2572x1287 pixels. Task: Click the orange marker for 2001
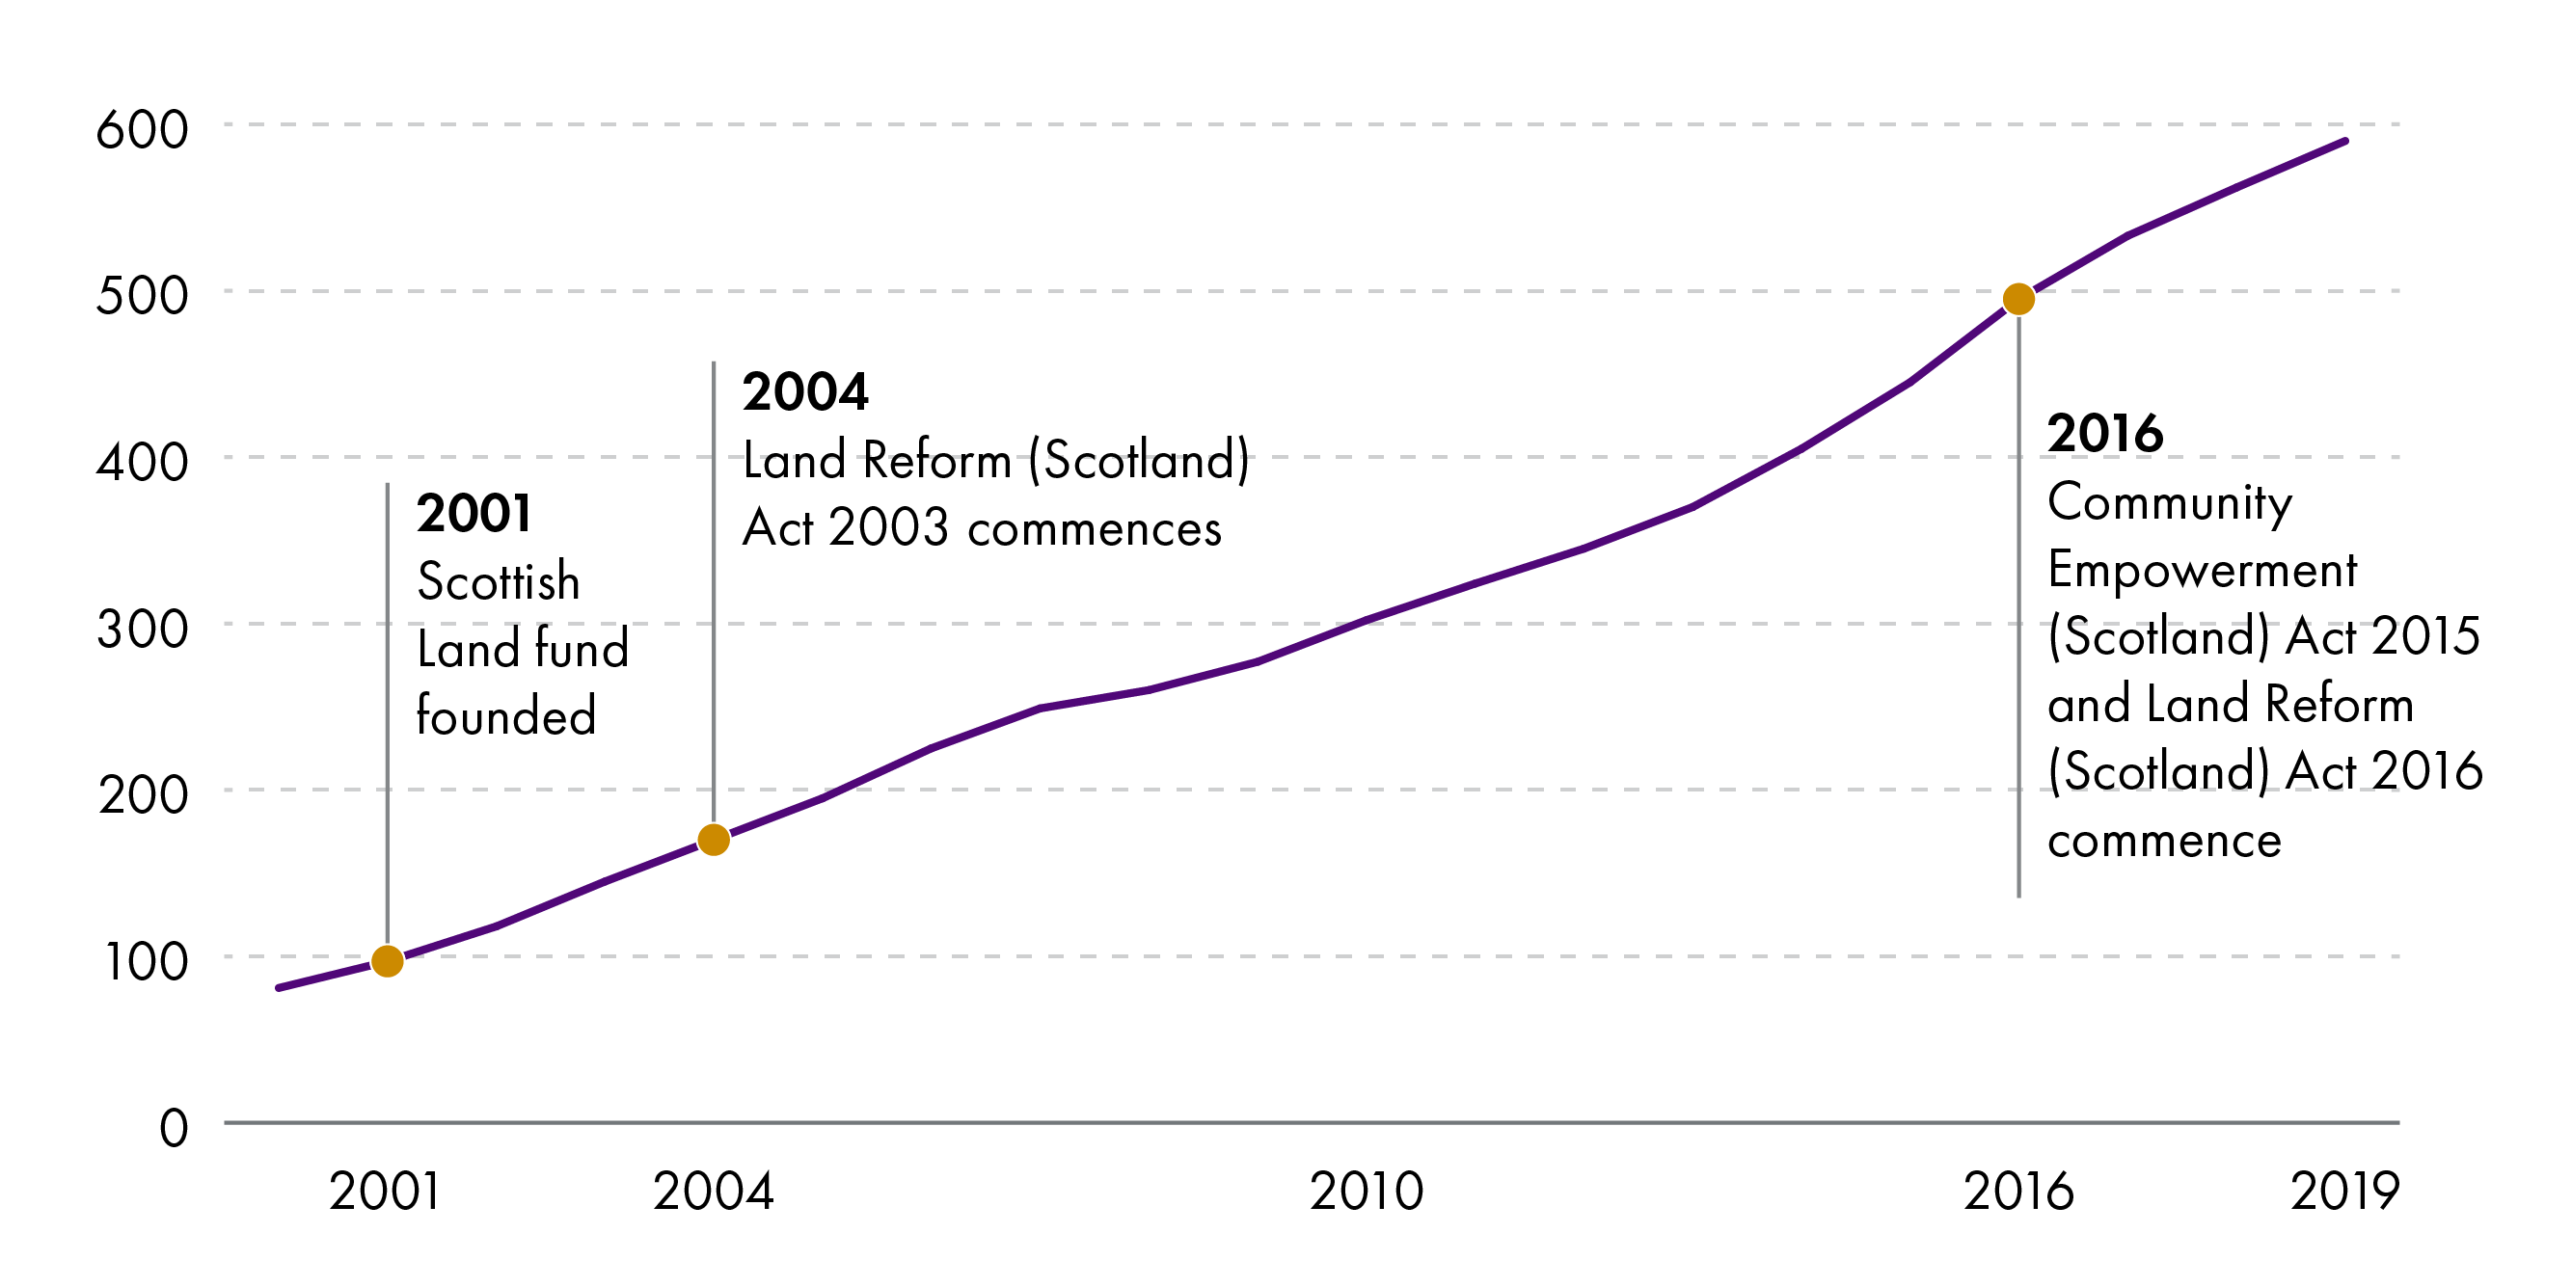click(x=388, y=961)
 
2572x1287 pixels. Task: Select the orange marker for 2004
click(x=714, y=840)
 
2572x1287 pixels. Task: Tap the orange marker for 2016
click(x=2018, y=299)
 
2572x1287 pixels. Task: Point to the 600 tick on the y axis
click(x=142, y=130)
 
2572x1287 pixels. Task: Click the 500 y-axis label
click(x=142, y=296)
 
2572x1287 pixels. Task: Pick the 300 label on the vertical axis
click(x=142, y=629)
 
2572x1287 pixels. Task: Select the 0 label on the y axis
click(x=174, y=1128)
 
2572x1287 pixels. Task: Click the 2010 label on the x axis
click(x=1366, y=1192)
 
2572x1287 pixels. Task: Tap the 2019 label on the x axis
click(x=2343, y=1192)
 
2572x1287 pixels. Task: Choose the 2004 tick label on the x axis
click(x=714, y=1192)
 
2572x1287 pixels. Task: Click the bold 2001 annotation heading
click(x=474, y=513)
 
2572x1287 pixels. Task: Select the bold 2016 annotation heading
click(x=2104, y=433)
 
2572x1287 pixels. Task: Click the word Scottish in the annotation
click(x=499, y=581)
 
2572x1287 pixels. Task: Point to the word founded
click(x=506, y=716)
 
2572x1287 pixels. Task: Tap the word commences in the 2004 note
click(x=1095, y=529)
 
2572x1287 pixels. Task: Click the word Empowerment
click(x=2202, y=570)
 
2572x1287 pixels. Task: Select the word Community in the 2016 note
click(x=2170, y=502)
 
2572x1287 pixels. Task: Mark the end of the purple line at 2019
click(x=2344, y=142)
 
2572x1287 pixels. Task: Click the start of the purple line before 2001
click(x=280, y=987)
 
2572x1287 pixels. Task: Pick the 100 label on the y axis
click(x=146, y=961)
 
